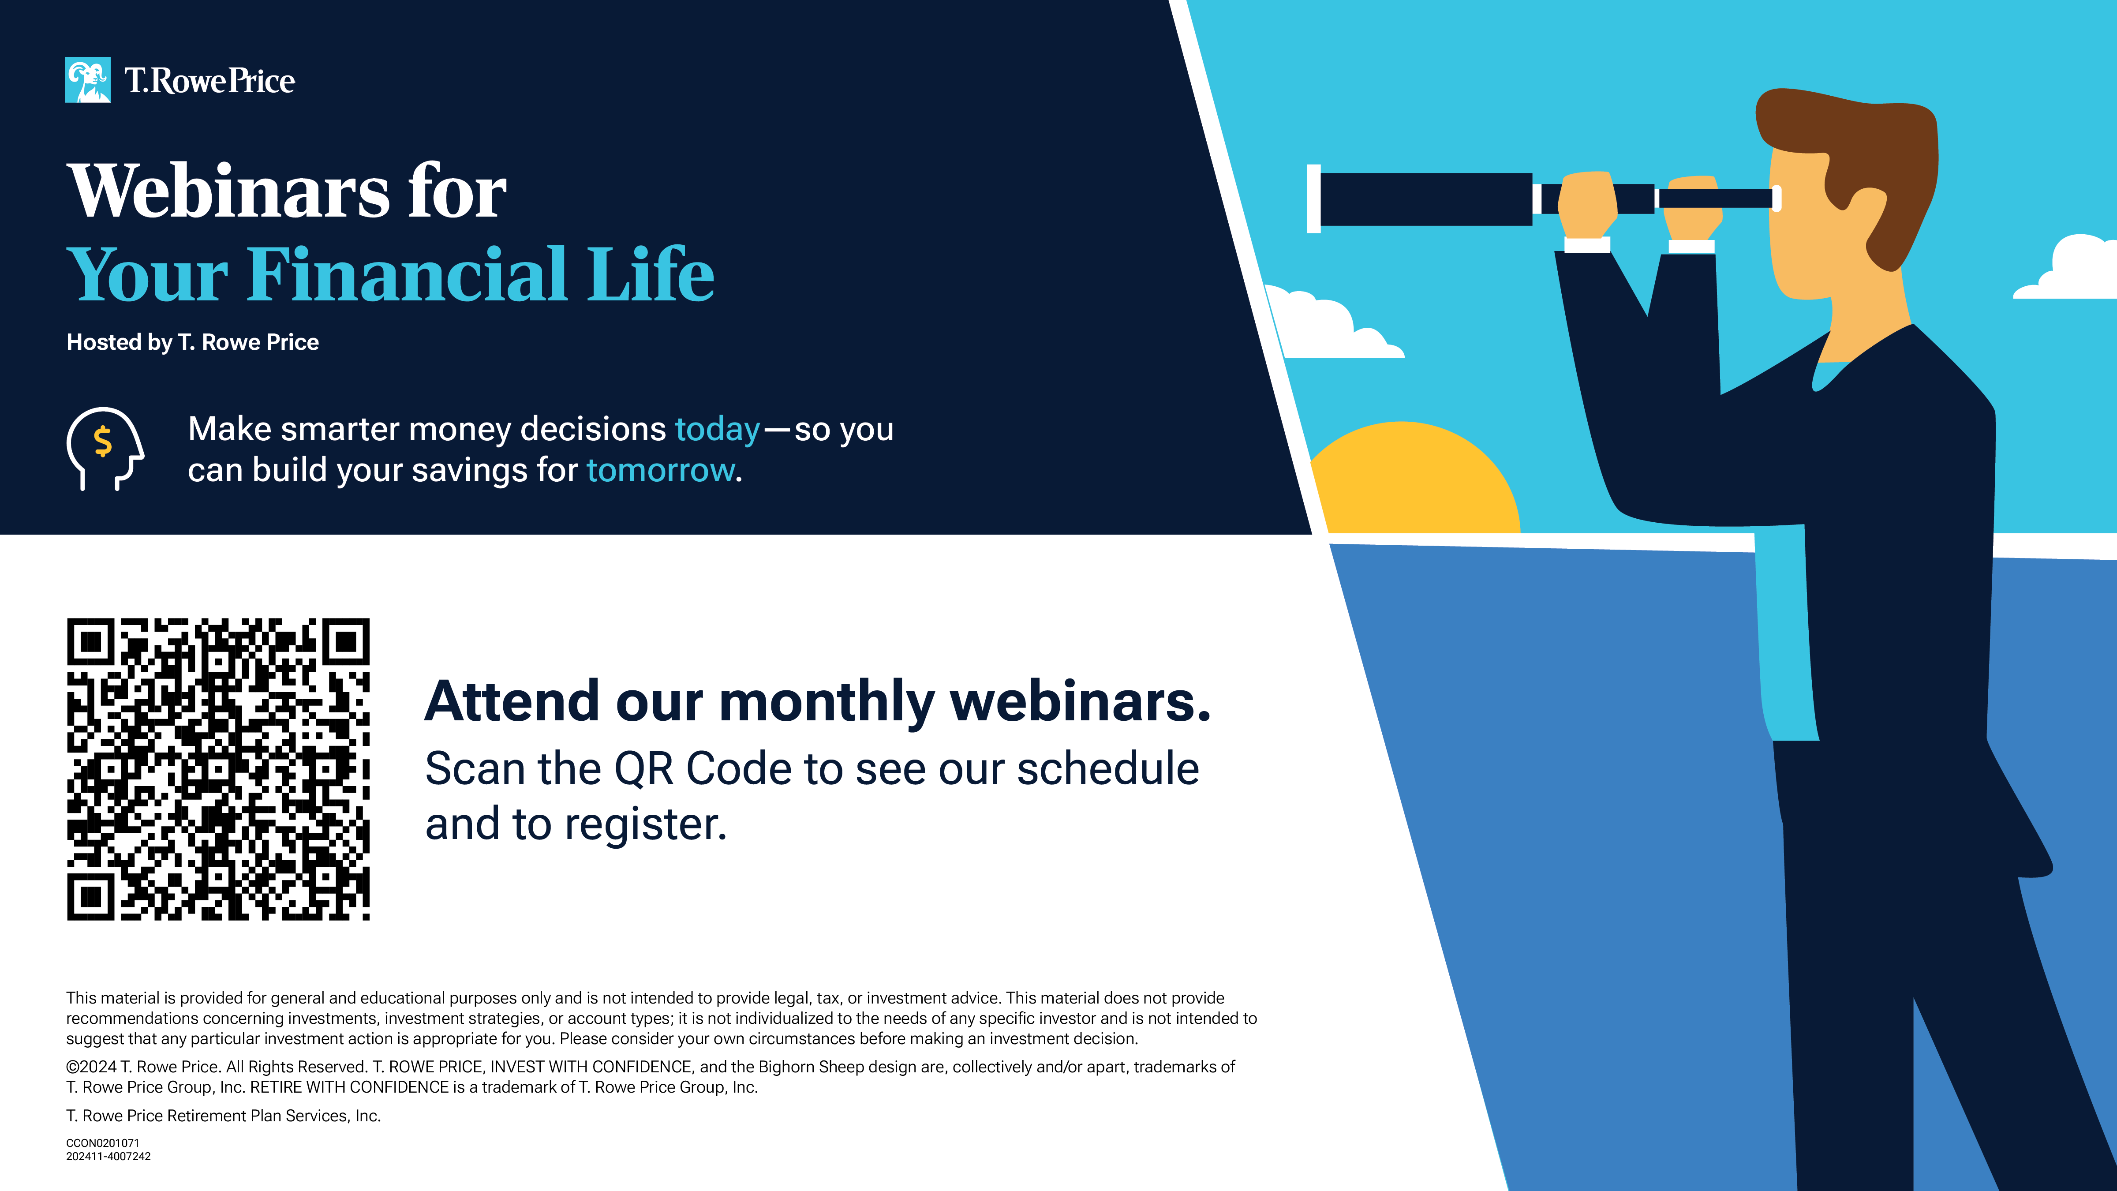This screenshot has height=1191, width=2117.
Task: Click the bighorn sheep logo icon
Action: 88,80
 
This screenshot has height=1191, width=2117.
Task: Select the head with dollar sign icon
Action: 105,449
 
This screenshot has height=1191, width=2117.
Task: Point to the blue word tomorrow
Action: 661,470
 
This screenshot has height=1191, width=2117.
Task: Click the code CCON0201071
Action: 103,1142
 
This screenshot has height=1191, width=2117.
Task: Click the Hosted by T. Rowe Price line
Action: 192,342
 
